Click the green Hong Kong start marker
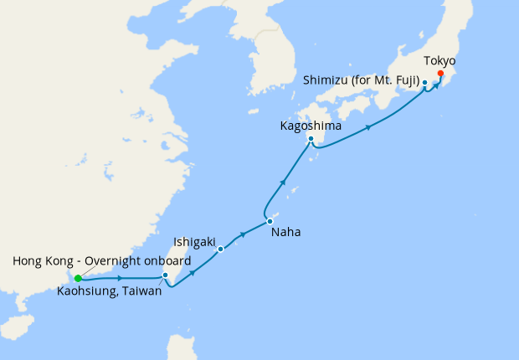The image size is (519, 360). pos(78,278)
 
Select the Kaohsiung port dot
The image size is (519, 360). pos(166,275)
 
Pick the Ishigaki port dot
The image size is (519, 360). pos(220,249)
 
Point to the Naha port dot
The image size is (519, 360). pos(270,221)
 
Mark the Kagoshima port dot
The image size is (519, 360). pos(311,139)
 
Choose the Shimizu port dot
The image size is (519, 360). pos(425,82)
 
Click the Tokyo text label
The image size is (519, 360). pos(440,60)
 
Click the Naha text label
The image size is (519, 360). pos(285,233)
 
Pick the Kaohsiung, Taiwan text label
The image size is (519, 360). pos(110,291)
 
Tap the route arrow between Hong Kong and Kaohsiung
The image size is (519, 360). pos(121,278)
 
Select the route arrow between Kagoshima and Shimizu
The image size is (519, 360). pos(368,127)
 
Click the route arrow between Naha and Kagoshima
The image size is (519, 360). pos(284,182)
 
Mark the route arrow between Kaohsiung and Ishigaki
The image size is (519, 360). pos(193,271)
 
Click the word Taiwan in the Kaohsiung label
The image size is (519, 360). pos(143,291)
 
